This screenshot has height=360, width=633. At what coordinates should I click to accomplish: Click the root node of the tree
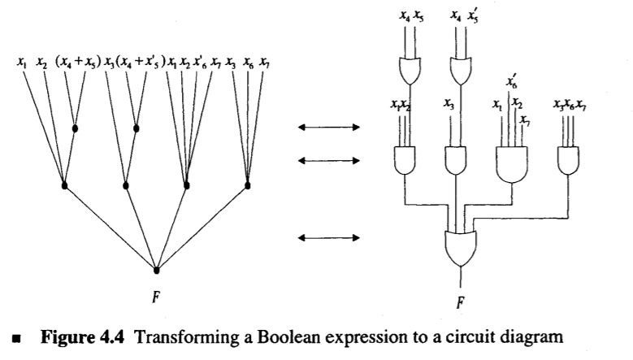point(157,268)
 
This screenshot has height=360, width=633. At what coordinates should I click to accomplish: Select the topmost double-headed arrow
point(328,128)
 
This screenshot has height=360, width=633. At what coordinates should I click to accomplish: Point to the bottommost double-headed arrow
point(328,237)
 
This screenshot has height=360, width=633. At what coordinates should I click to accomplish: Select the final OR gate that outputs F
point(462,247)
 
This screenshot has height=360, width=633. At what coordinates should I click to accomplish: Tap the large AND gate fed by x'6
point(512,164)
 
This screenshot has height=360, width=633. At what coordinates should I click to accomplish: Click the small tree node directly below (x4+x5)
point(76,128)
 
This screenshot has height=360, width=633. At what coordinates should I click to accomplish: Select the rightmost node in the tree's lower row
point(247,186)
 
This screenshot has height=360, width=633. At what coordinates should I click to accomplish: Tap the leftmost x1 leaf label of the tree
point(23,63)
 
